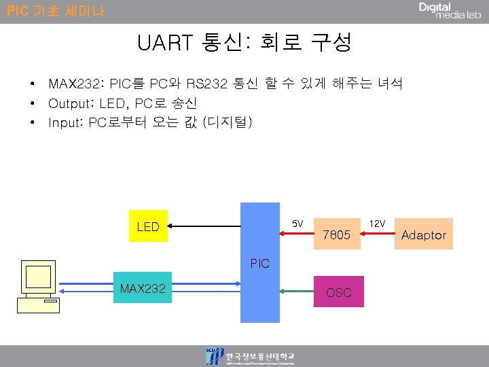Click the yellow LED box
[x=149, y=226]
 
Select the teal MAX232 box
[x=143, y=289]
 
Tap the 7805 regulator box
[x=336, y=235]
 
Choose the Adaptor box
[x=424, y=235]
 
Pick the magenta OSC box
[x=338, y=292]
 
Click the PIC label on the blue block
[x=259, y=263]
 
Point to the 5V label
[x=297, y=224]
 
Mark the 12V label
[x=377, y=224]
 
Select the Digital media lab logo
[x=450, y=11]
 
